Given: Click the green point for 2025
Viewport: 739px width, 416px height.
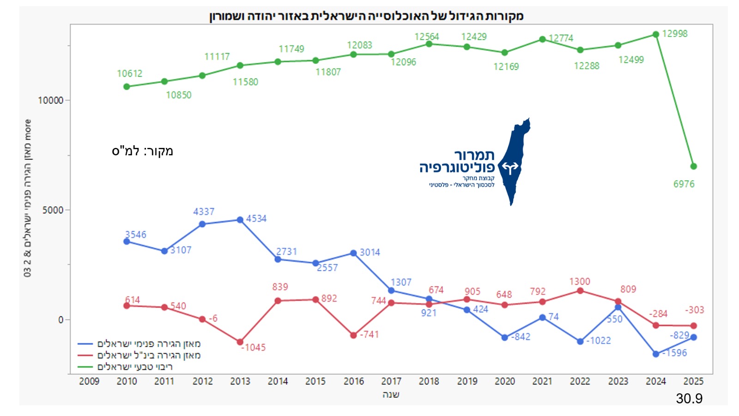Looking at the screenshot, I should point(693,166).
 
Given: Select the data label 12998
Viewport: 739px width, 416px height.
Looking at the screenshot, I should point(674,34).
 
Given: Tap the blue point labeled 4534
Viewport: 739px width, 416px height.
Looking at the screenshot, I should point(240,220).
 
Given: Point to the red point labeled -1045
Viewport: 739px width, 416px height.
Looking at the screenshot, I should point(240,342).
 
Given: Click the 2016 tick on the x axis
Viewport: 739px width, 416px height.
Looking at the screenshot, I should point(353,381).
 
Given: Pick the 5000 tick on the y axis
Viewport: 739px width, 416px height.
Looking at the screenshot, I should point(53,210).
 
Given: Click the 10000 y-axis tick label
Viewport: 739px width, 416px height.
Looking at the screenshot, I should point(50,100).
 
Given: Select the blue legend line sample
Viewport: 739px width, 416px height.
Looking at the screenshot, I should point(85,344).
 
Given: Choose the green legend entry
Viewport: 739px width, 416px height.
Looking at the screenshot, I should point(134,367).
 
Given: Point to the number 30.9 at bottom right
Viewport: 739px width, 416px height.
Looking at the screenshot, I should point(689,398).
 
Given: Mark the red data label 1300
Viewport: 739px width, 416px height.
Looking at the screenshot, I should point(579,281).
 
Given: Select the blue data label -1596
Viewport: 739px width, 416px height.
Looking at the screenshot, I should point(675,353).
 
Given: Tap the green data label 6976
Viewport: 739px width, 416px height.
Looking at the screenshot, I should point(684,184).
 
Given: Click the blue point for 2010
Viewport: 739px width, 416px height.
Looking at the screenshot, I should point(127,242).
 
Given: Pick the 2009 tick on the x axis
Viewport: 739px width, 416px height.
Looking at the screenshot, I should point(89,381).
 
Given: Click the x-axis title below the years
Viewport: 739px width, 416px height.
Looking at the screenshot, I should point(391,395).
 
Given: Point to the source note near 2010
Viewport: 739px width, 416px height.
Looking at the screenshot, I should point(142,151).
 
